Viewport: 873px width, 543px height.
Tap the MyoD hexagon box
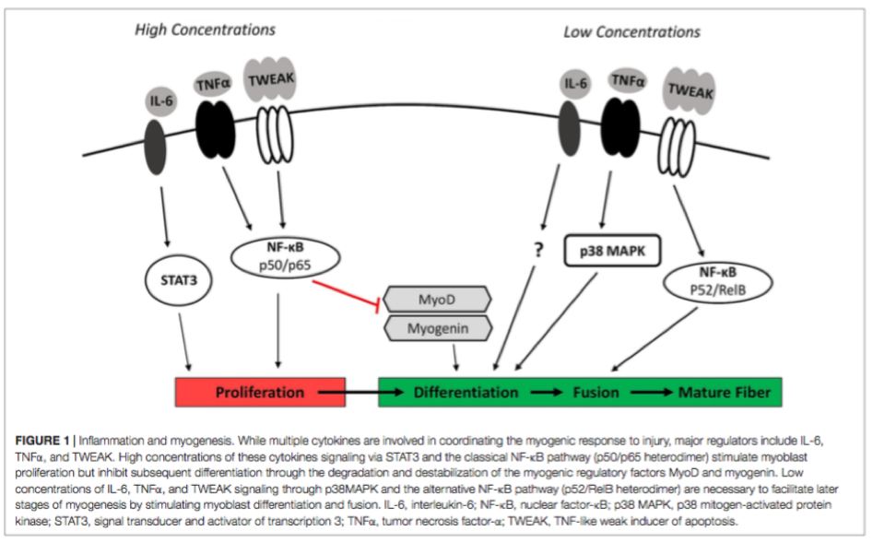tap(437, 300)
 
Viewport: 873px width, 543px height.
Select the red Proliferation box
tap(260, 392)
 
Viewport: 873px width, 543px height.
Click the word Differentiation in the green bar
tap(466, 392)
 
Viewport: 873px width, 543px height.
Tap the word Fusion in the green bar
tap(595, 392)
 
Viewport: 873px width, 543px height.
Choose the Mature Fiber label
tap(724, 392)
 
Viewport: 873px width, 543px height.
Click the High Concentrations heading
tap(205, 30)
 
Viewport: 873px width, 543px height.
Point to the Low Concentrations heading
tap(631, 31)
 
